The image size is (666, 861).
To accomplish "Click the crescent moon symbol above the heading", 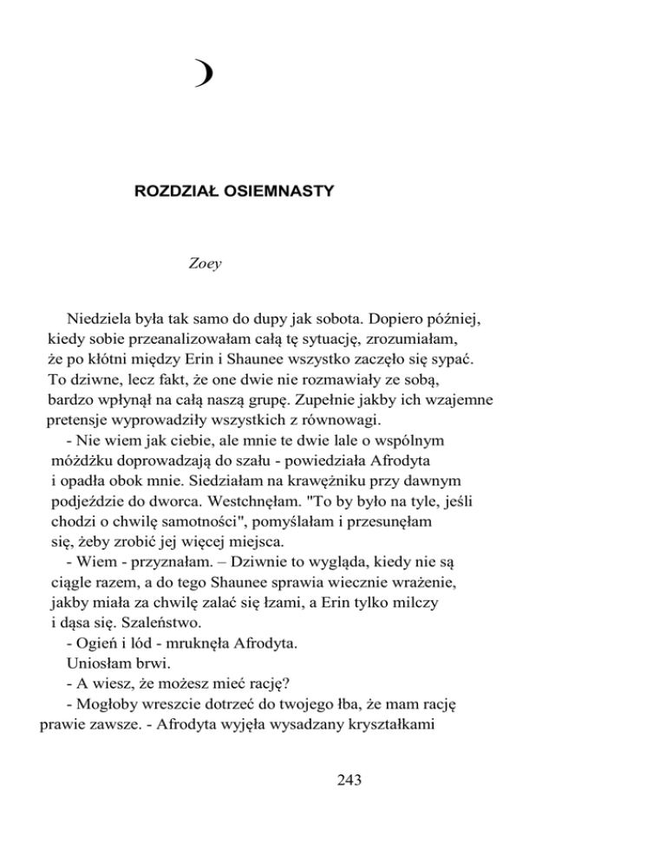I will coord(205,76).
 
